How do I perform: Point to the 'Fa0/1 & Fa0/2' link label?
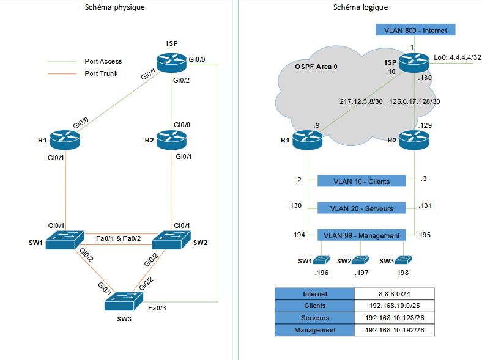(118, 238)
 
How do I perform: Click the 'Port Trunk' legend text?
(102, 73)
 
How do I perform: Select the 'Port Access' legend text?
(103, 61)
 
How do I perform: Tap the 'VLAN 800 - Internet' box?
(415, 31)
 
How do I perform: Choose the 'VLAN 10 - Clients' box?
(362, 181)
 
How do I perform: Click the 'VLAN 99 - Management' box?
(362, 235)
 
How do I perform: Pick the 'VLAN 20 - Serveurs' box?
(362, 208)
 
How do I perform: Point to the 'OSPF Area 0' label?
(316, 67)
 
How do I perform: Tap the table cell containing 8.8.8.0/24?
(394, 293)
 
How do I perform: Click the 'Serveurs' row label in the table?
(315, 318)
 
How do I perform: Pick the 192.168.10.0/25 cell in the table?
(394, 306)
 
